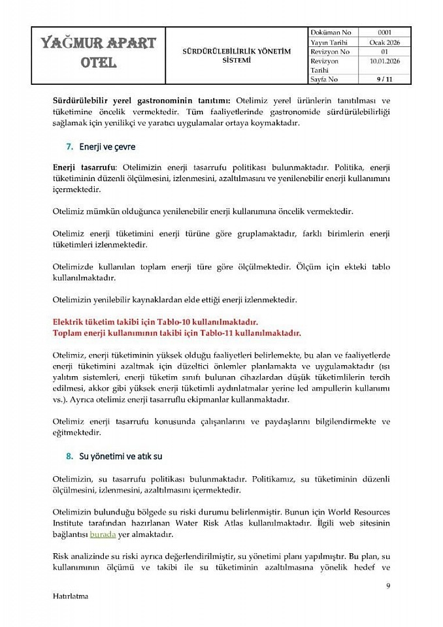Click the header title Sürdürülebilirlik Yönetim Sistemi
click(236, 56)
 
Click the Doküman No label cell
click(331, 33)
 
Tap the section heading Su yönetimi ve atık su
click(121, 457)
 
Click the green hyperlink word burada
click(103, 534)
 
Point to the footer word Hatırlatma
click(71, 596)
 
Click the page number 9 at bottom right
click(388, 585)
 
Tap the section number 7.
click(69, 147)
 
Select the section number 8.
click(69, 457)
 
